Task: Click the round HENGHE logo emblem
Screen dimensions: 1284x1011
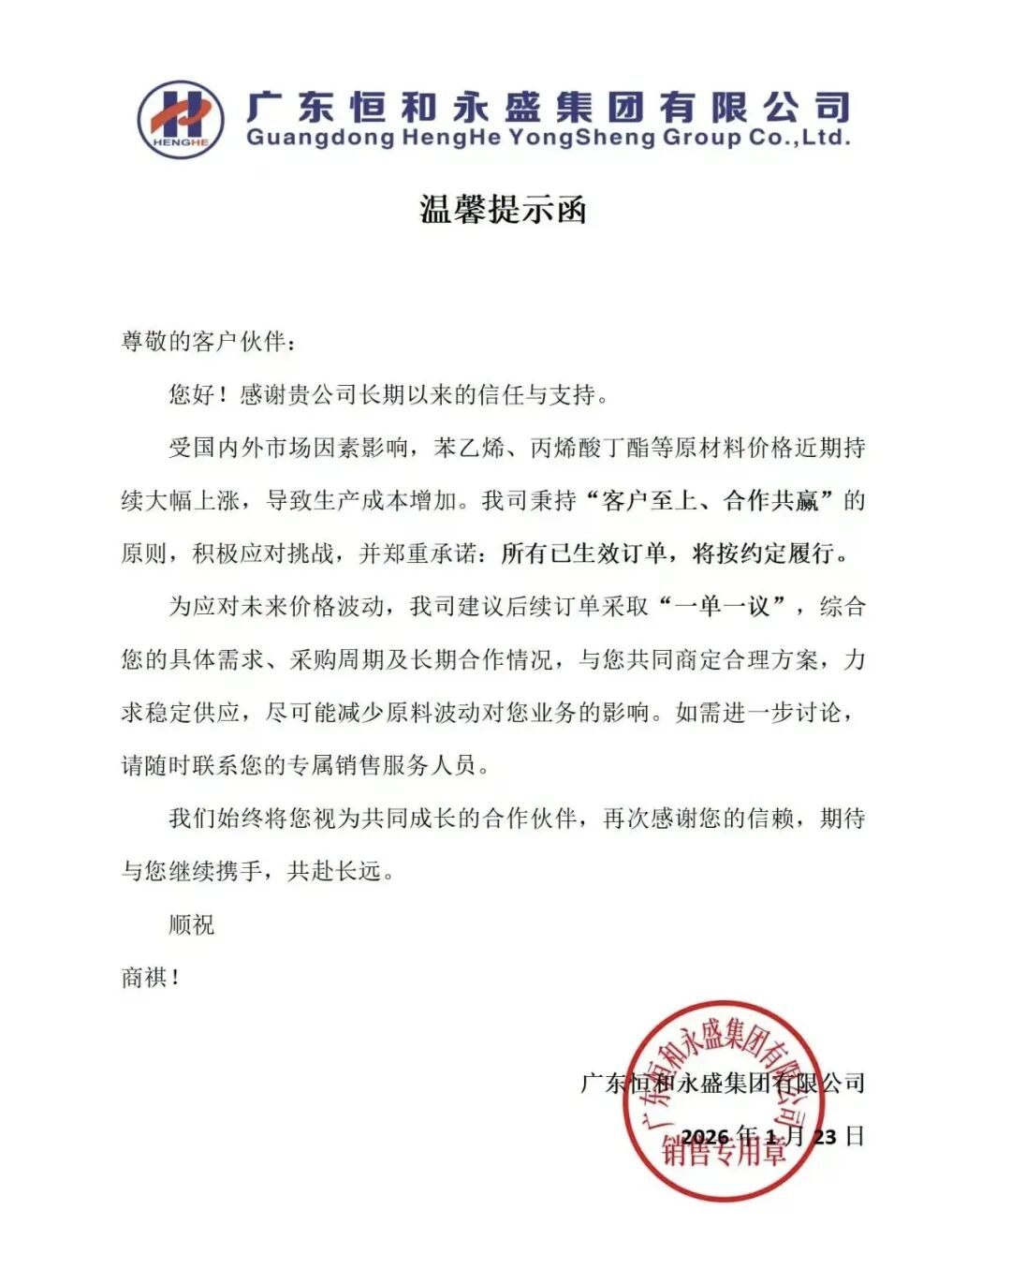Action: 181,119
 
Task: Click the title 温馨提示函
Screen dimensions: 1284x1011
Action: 503,208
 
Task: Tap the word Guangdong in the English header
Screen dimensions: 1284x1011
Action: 320,139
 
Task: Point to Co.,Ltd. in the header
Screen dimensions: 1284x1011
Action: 799,139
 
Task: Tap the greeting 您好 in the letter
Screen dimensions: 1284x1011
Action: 192,394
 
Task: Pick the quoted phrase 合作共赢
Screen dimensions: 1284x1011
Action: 771,501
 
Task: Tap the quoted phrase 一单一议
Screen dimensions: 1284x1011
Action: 722,607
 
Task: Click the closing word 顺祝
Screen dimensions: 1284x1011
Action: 192,925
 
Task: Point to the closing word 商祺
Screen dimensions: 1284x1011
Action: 145,978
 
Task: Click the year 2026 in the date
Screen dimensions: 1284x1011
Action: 705,1137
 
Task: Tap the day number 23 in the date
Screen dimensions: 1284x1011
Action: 825,1137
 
